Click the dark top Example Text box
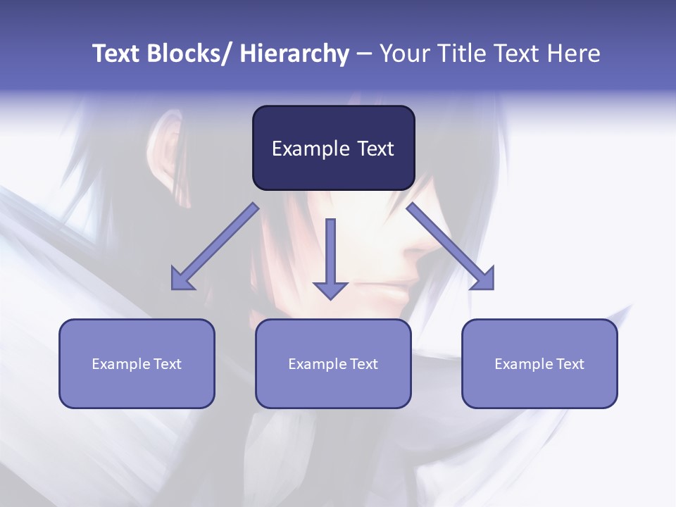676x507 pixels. pos(333,148)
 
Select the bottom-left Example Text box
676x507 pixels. pos(137,363)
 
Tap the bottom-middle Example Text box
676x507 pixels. pos(333,363)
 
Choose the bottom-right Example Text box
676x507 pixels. pos(539,363)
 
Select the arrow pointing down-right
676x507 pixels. pos(451,247)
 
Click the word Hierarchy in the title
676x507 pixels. pos(294,54)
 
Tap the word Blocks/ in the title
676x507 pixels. pos(190,54)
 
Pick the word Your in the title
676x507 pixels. pos(403,54)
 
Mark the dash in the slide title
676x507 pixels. pos(364,54)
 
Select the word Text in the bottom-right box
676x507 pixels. pos(570,363)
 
